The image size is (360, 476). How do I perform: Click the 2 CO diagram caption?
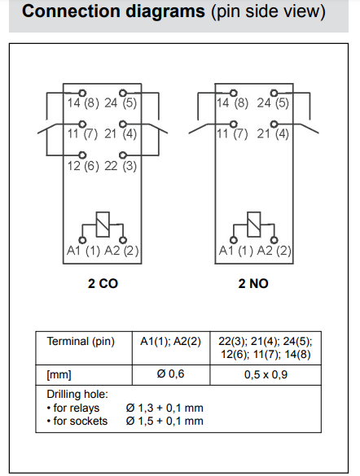tap(103, 284)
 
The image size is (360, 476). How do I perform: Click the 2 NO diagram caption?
tap(253, 284)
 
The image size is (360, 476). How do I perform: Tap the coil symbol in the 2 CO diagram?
tap(103, 225)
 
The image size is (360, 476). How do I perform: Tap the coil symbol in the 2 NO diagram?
tap(254, 225)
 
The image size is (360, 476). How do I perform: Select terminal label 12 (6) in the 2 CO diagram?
tap(83, 166)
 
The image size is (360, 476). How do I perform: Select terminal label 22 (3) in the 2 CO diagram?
tap(121, 166)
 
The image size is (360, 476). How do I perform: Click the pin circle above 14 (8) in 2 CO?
tap(82, 93)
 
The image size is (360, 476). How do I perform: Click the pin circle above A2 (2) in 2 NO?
tap(274, 240)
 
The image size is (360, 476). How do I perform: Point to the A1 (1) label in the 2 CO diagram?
tap(83, 251)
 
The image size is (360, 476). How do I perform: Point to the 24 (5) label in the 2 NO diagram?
tap(273, 103)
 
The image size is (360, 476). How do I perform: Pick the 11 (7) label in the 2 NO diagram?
tap(232, 134)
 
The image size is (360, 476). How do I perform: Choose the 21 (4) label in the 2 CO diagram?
tap(121, 134)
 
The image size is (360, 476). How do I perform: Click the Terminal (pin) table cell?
tap(81, 342)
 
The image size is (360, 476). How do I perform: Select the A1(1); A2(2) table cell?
tap(170, 342)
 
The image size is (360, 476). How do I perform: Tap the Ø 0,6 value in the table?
tap(170, 374)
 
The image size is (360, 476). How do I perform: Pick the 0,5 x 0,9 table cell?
tap(266, 374)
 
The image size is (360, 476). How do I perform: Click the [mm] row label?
tap(59, 375)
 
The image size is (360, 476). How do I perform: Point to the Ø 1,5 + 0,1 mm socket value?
tap(165, 421)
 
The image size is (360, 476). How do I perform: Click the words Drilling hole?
tap(77, 395)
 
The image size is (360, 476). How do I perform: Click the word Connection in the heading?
tap(71, 11)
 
